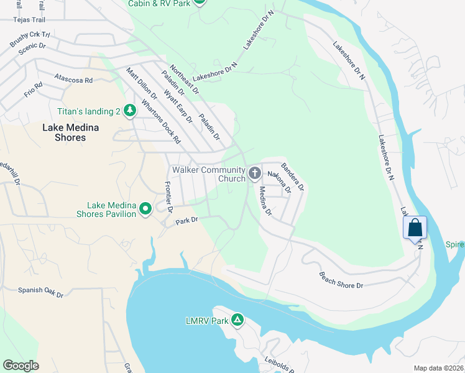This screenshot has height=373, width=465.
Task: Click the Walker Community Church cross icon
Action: [254, 173]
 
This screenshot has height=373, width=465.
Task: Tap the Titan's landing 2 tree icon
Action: [129, 111]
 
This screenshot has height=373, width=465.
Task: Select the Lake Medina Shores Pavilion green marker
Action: [145, 209]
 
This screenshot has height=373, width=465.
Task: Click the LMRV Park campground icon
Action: [237, 320]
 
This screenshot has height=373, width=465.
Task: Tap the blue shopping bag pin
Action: [415, 228]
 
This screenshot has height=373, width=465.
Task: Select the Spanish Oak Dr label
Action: [40, 290]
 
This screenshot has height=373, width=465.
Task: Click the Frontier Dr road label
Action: [168, 195]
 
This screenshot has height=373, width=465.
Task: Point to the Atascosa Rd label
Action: [73, 80]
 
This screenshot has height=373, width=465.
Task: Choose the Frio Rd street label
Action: [34, 90]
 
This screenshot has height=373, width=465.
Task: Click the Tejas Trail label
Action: [30, 19]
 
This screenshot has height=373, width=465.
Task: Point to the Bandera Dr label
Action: [292, 177]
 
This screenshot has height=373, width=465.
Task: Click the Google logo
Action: [21, 366]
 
